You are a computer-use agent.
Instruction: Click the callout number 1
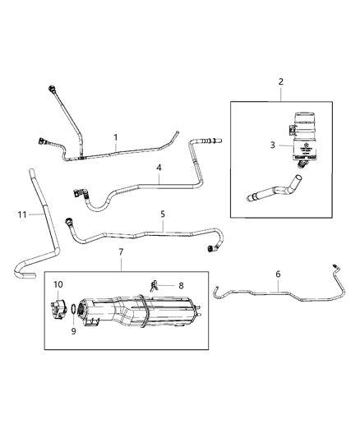coord(116,136)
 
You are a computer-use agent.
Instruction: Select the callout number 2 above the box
coord(280,81)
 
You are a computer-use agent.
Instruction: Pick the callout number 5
coord(163,214)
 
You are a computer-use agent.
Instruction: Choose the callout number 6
coord(278,274)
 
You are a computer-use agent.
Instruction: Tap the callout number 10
coord(58,284)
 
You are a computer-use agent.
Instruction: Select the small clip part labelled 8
coord(154,285)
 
